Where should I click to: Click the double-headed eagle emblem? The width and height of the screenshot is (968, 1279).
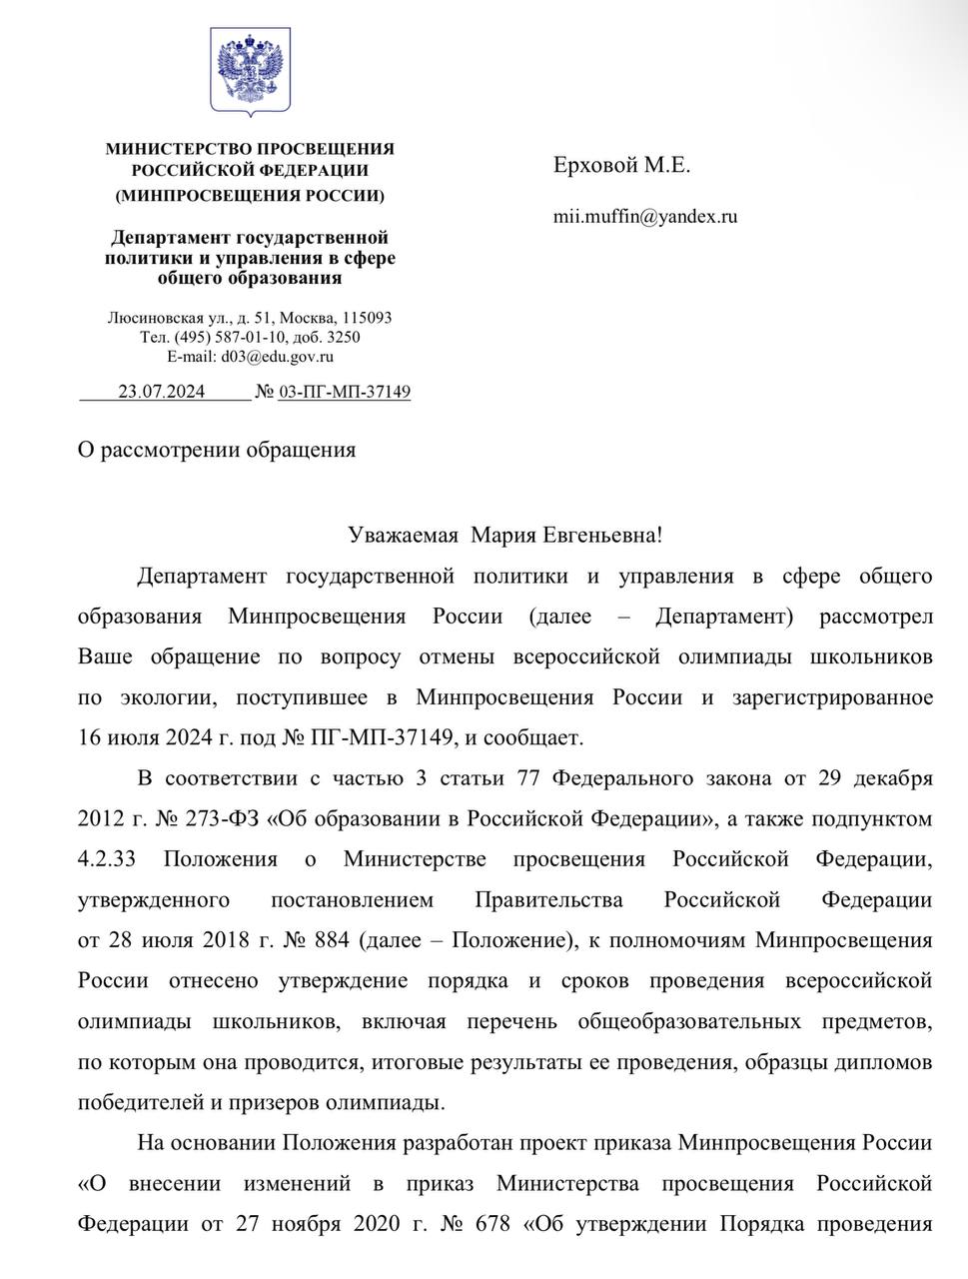250,70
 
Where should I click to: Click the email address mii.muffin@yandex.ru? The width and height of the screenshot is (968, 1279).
645,215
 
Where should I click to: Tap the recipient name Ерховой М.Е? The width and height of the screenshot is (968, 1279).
621,165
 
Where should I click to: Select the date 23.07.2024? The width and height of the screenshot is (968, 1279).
161,391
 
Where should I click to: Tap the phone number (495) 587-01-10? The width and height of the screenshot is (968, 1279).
227,336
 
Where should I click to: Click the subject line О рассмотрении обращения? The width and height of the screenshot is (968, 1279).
217,449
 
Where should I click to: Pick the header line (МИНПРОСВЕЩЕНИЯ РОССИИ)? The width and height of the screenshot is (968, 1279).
250,195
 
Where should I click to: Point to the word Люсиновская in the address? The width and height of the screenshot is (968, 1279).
155,317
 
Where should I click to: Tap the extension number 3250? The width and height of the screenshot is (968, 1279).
344,336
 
